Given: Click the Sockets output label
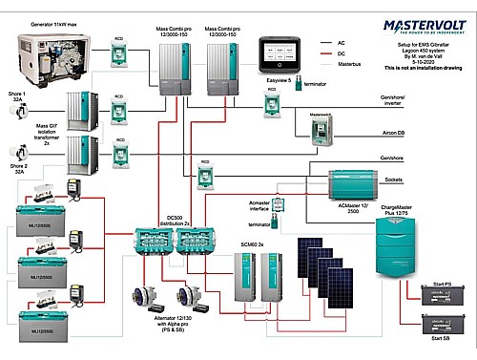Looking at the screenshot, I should tap(420, 179).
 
